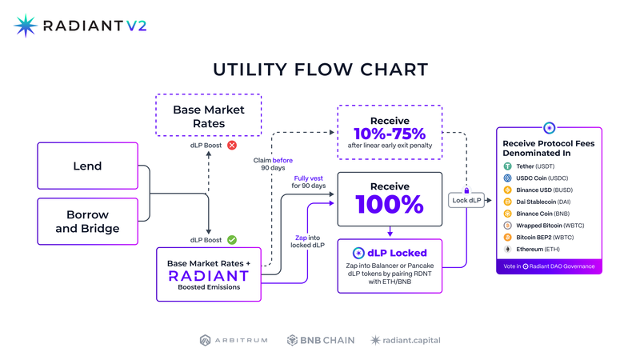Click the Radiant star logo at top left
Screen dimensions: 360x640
26,26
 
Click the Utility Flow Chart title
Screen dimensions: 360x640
320,70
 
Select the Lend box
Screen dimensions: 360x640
88,166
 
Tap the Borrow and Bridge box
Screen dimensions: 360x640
88,222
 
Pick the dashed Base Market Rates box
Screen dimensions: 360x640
209,116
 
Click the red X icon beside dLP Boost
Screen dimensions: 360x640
232,146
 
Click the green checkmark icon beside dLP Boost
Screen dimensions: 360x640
232,239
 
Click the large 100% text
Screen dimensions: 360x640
390,204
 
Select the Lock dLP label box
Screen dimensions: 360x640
466,200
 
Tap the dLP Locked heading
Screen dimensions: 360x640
390,253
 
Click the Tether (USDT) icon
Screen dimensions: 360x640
507,166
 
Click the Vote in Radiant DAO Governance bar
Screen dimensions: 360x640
549,266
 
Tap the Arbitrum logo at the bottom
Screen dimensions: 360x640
233,340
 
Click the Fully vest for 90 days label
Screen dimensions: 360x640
309,182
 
